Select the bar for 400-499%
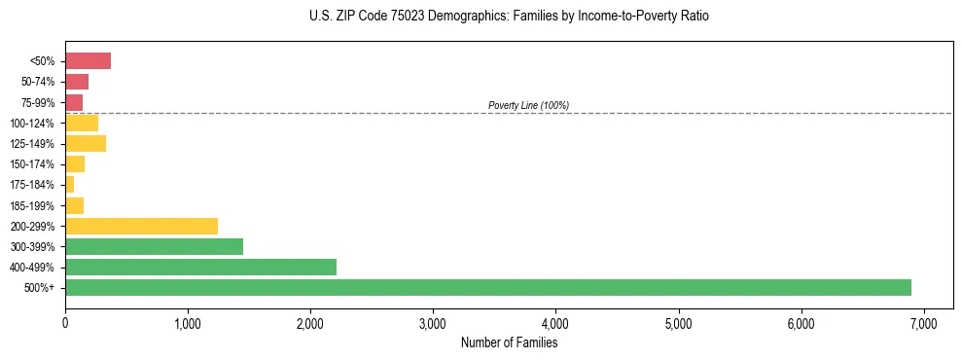[200, 267]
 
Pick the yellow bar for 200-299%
[141, 226]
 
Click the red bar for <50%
[88, 61]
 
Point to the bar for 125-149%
[86, 144]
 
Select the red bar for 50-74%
[77, 82]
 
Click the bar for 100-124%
[82, 123]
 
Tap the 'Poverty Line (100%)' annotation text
[528, 105]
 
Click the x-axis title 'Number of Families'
[509, 342]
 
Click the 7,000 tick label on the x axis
[923, 323]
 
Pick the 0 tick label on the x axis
[65, 323]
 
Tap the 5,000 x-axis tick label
[678, 323]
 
